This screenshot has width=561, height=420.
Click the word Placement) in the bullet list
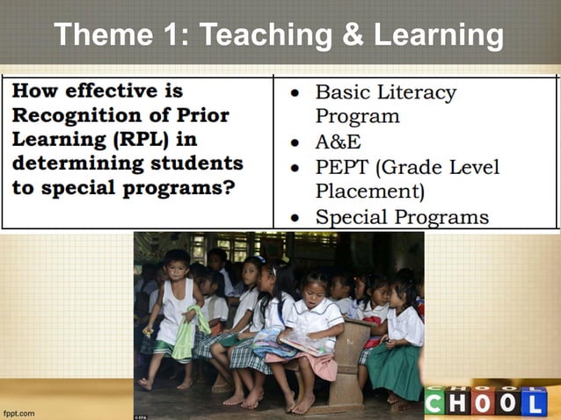click(x=369, y=191)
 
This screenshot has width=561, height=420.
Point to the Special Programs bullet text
click(x=402, y=216)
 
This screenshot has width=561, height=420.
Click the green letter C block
click(x=434, y=403)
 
